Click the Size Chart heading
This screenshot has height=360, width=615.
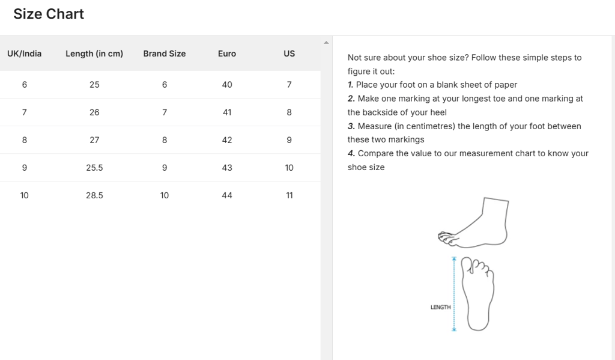[x=49, y=14]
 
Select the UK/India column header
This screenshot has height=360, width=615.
[x=25, y=53]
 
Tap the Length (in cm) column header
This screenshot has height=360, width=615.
[x=94, y=53]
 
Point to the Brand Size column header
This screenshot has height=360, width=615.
[x=165, y=53]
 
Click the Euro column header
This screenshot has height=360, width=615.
[x=227, y=53]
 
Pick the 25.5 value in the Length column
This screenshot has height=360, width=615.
[x=94, y=168]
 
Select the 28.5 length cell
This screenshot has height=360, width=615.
[x=94, y=195]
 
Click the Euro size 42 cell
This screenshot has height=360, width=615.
[x=227, y=140]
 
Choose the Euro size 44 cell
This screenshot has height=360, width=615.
[x=227, y=195]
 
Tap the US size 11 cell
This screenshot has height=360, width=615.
[x=289, y=195]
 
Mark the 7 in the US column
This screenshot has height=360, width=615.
[x=289, y=85]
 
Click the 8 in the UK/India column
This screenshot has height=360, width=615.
[x=25, y=140]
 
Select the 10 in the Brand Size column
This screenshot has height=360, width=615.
[x=165, y=195]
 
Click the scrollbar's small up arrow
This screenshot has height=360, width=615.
[x=326, y=43]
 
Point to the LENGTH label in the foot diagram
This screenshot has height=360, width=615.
[x=440, y=307]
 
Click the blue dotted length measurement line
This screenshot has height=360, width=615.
[x=454, y=294]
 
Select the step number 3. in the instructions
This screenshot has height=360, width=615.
[x=351, y=126]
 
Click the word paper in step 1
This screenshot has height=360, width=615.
[x=506, y=85]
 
